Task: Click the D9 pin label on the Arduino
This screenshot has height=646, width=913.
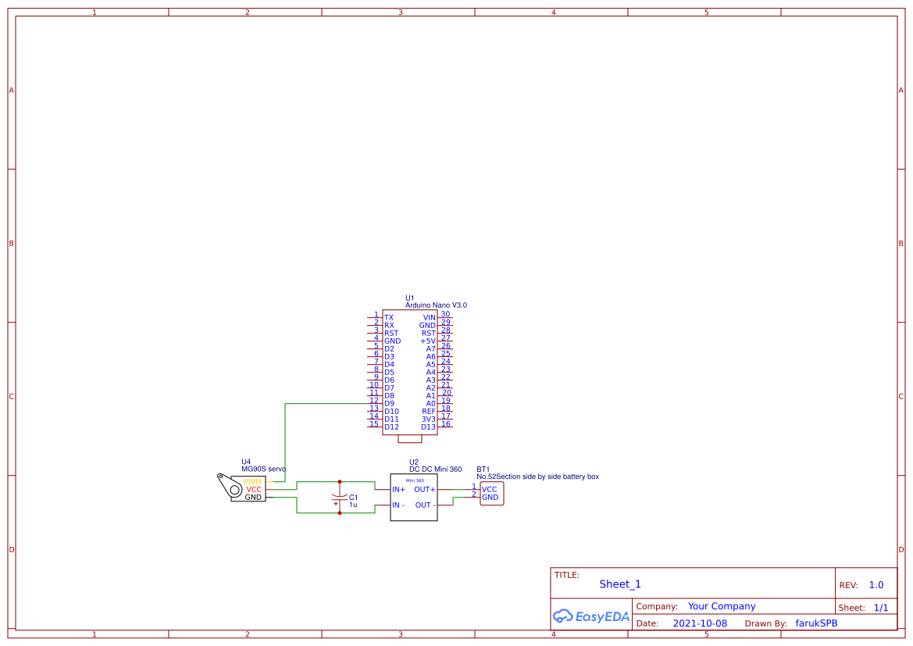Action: pyautogui.click(x=389, y=404)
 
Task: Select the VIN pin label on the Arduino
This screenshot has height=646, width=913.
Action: pyautogui.click(x=429, y=318)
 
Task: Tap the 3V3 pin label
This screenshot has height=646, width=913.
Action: pyautogui.click(x=428, y=419)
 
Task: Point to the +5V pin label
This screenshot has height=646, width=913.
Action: pyautogui.click(x=427, y=341)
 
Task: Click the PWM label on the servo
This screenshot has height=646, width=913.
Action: pyautogui.click(x=252, y=482)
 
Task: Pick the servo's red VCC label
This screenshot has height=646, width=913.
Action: pyautogui.click(x=254, y=490)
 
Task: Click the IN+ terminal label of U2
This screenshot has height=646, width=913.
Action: pyautogui.click(x=398, y=490)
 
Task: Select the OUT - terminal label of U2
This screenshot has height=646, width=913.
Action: pyautogui.click(x=425, y=505)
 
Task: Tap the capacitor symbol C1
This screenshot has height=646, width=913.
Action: pyautogui.click(x=339, y=498)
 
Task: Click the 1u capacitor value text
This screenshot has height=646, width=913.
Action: pyautogui.click(x=353, y=505)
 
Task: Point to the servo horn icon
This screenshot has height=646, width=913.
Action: pyautogui.click(x=230, y=485)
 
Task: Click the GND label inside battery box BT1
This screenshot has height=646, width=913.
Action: pyautogui.click(x=490, y=498)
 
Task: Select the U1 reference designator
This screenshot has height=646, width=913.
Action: pyautogui.click(x=410, y=298)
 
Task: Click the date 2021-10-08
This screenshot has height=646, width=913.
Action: pyautogui.click(x=700, y=623)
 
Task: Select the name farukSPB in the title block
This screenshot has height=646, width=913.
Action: pyautogui.click(x=816, y=623)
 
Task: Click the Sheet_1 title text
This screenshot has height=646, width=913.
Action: pyautogui.click(x=620, y=584)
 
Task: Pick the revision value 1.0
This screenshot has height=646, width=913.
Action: pyautogui.click(x=876, y=585)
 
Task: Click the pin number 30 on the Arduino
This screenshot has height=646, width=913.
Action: pyautogui.click(x=445, y=314)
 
